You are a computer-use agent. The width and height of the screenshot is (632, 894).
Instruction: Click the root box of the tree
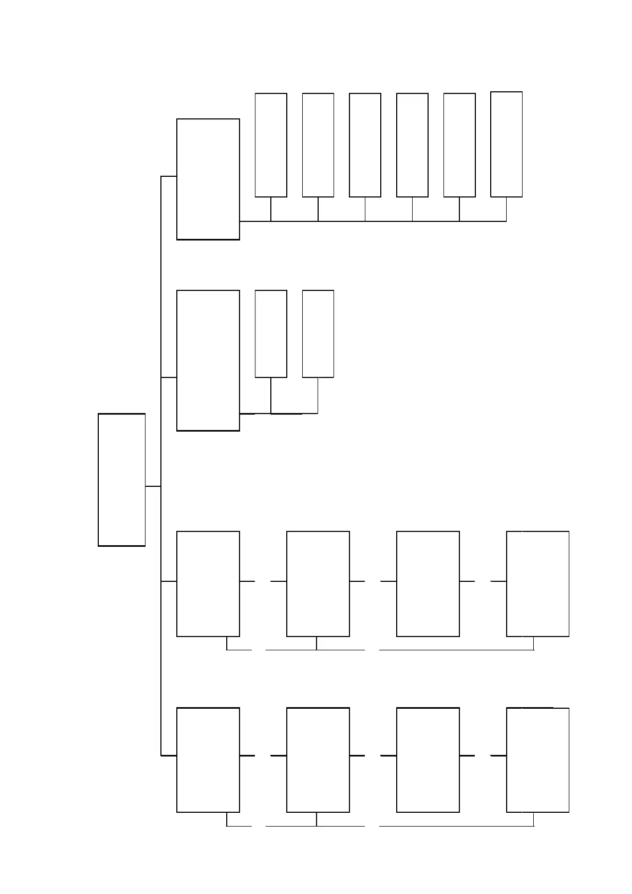point(122,479)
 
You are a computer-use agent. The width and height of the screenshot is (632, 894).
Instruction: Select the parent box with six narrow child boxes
point(208,179)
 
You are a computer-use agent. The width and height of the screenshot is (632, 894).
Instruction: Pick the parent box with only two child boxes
point(208,360)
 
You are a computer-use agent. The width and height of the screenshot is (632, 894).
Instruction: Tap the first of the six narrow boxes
point(271,145)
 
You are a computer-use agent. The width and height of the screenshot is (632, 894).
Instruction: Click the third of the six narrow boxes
point(365,145)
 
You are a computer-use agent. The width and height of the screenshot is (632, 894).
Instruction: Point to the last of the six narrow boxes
point(506,144)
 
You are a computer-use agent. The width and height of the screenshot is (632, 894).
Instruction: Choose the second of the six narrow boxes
point(318,145)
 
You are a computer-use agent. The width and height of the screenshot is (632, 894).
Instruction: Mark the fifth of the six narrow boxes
point(459,145)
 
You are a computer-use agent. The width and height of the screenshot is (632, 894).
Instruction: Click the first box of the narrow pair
point(271,333)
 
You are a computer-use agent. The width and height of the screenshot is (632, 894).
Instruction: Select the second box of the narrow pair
point(318,333)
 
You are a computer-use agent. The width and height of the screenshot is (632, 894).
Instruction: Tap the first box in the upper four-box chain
point(208,583)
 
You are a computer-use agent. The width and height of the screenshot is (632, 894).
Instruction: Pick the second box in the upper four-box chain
point(318,583)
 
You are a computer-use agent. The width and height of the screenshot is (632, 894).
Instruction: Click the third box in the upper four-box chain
point(428,583)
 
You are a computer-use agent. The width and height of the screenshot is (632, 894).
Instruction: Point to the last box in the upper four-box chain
point(537,583)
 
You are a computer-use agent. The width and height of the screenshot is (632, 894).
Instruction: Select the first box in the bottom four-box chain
point(208,760)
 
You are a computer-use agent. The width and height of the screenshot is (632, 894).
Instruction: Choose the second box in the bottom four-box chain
point(318,760)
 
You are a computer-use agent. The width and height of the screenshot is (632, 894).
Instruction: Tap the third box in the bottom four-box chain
point(428,760)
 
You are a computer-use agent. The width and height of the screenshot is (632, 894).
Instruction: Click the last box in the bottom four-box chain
point(537,760)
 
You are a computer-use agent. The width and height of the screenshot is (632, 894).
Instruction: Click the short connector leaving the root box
point(153,486)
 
